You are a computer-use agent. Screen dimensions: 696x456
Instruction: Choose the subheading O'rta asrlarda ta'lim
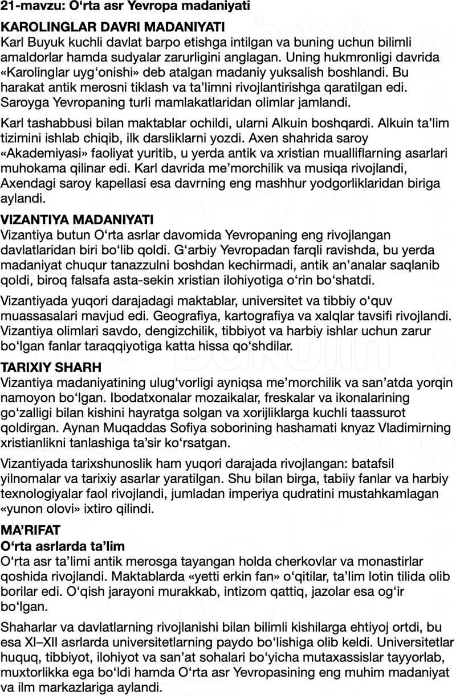[x=63, y=546]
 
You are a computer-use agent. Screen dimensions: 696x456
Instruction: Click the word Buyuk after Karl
[x=47, y=42]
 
